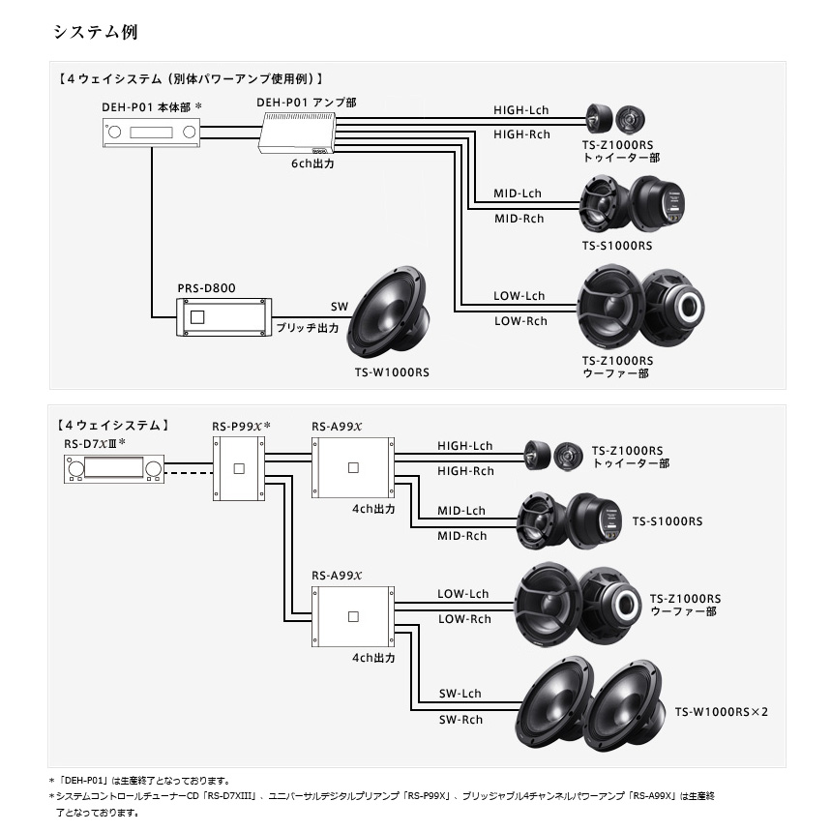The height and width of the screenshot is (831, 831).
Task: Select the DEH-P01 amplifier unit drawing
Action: coord(297,133)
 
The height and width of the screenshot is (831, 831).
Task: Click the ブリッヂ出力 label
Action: coord(308,328)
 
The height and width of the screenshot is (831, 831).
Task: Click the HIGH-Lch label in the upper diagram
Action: coord(522,110)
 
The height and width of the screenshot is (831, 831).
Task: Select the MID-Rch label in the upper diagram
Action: coord(519,219)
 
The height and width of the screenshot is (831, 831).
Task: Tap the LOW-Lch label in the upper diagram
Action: coord(519,295)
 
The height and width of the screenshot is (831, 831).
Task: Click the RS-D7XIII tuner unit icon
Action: coord(113,469)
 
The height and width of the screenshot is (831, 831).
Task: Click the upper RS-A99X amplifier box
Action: coord(352,467)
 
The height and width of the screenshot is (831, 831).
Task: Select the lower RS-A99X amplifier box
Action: coord(352,615)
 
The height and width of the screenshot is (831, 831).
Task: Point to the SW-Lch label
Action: coord(460,694)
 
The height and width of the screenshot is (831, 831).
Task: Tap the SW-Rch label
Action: coord(460,720)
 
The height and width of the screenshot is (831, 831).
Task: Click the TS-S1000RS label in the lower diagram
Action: coord(668,521)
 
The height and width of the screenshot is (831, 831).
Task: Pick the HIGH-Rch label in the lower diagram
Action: coord(465,471)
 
